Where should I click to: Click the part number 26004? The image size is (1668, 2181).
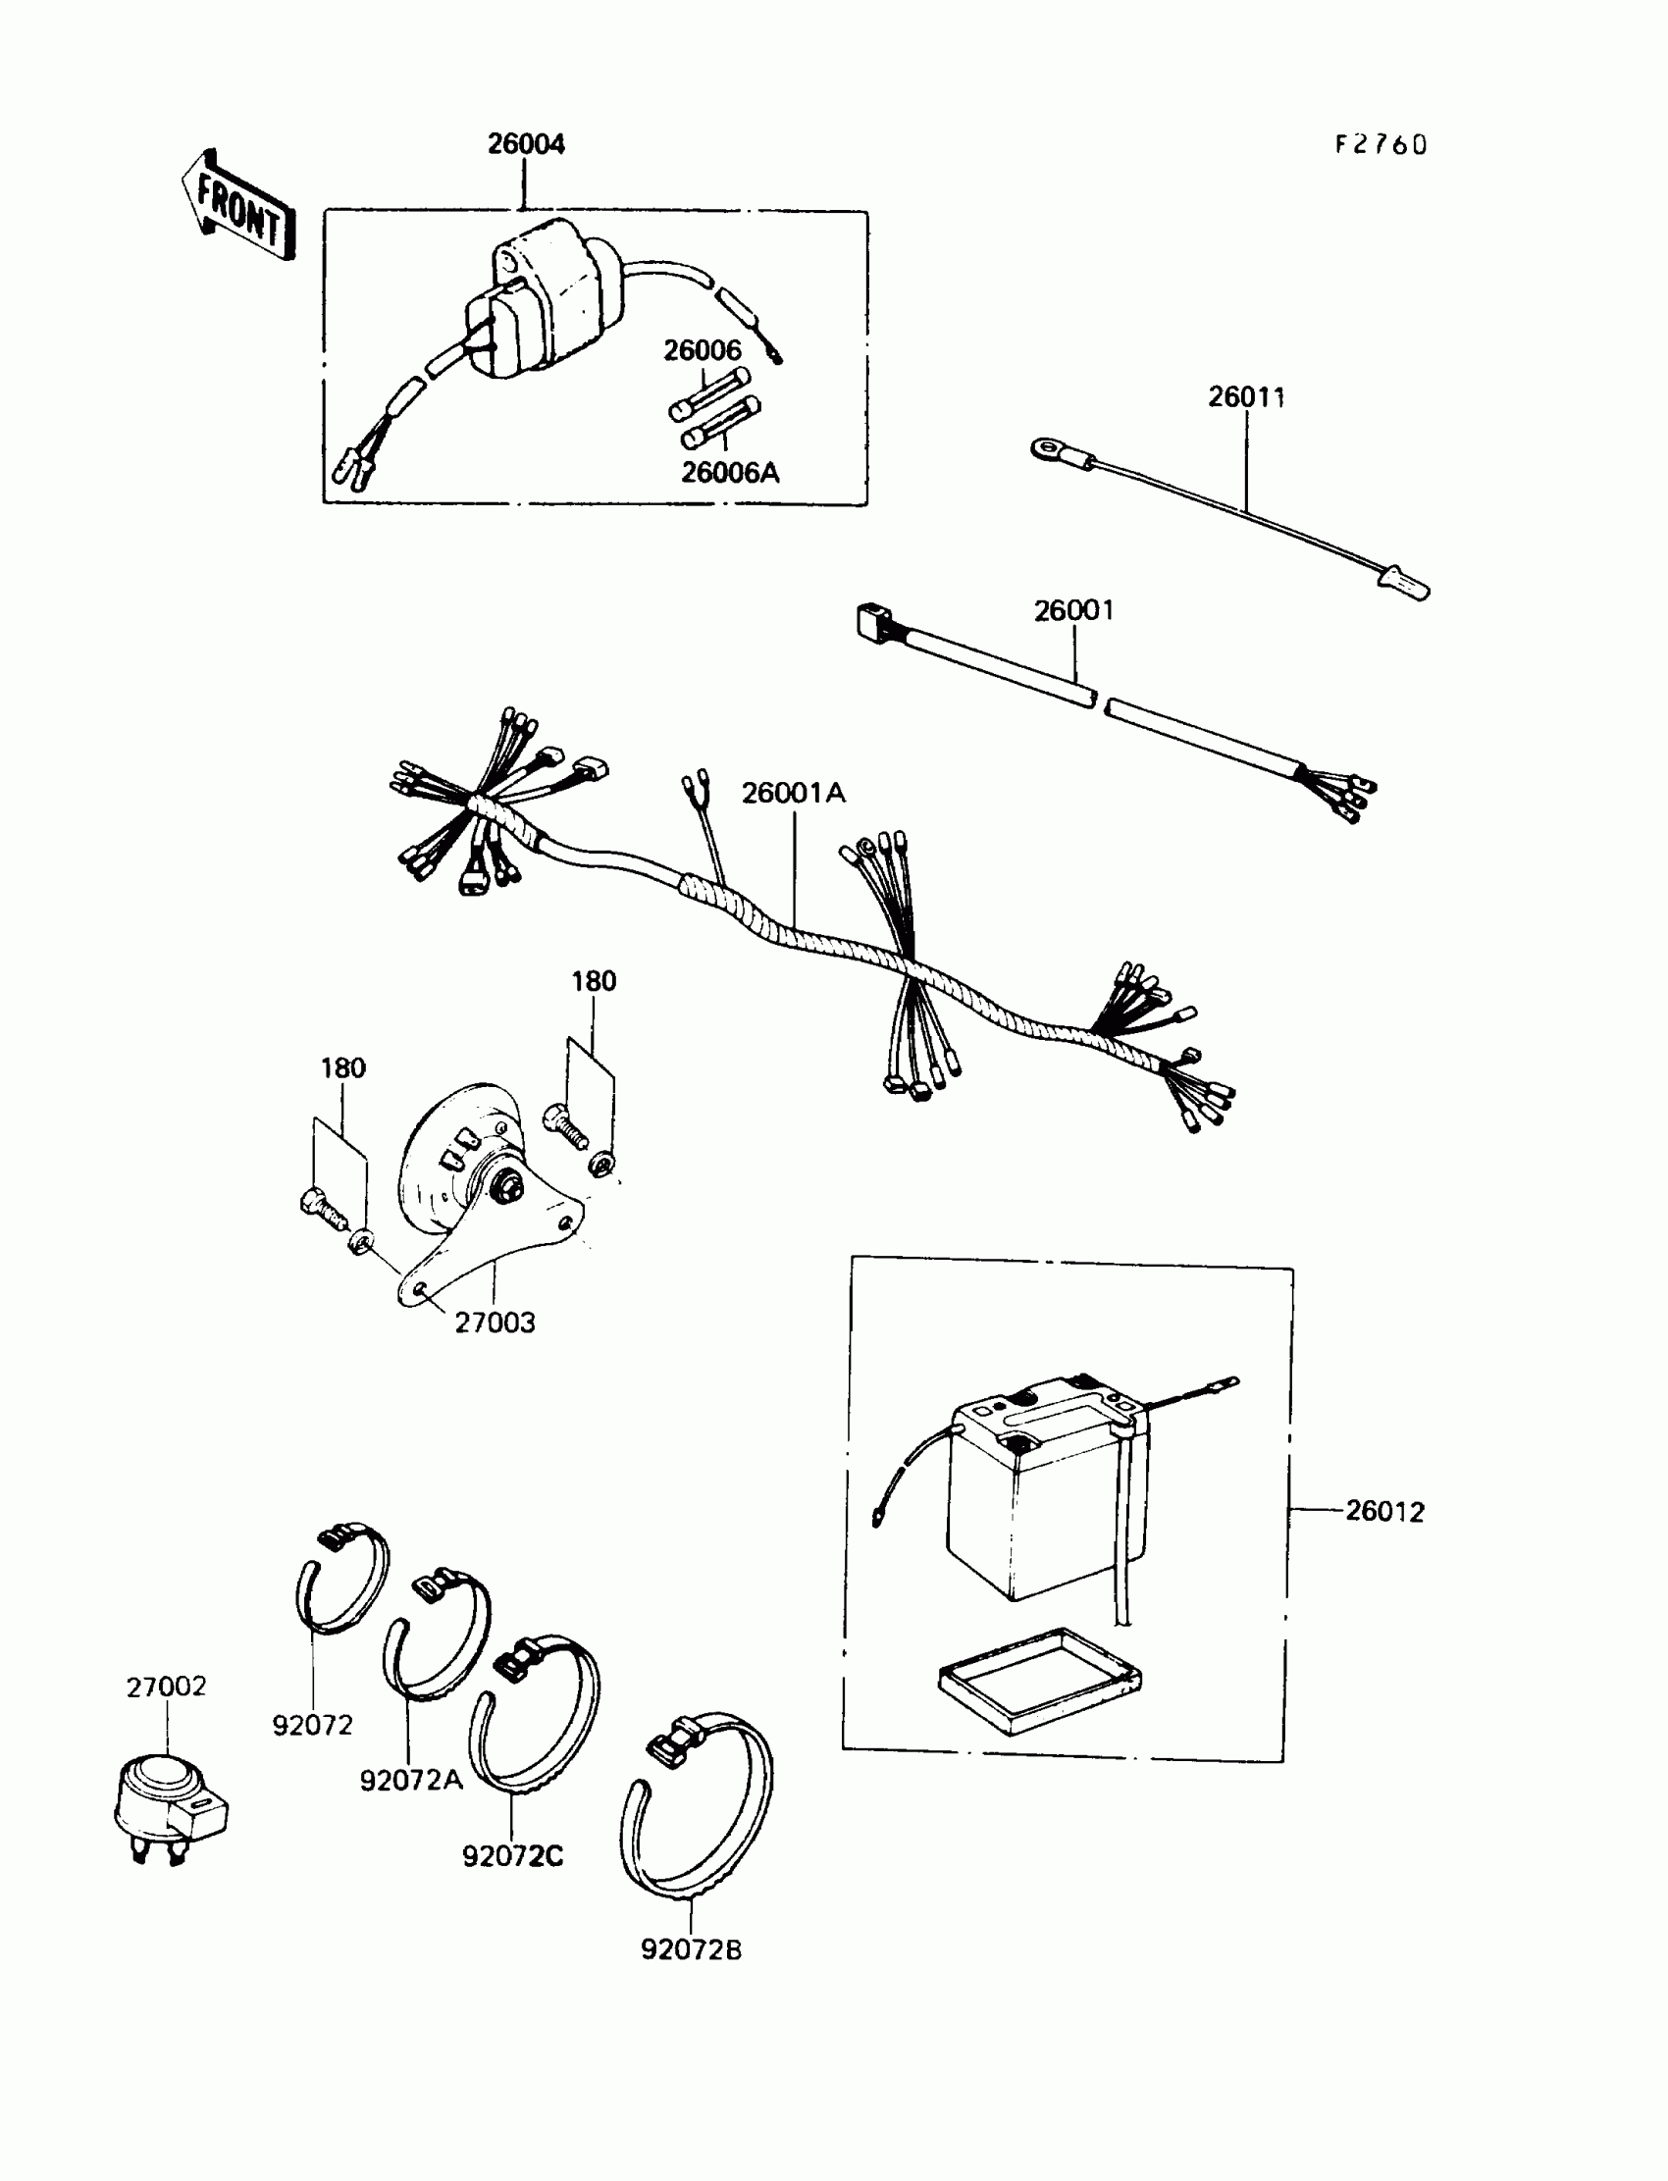click(526, 145)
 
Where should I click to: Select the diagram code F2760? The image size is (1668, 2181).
click(1381, 145)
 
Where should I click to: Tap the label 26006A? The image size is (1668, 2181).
click(730, 473)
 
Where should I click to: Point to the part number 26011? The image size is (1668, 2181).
click(1246, 397)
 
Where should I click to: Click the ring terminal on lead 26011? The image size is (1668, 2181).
click(1049, 450)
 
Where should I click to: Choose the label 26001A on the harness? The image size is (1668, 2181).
click(794, 792)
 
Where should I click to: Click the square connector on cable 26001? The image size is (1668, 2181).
click(870, 622)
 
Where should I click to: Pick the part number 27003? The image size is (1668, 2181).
click(495, 1323)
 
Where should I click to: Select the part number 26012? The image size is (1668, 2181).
click(1384, 1511)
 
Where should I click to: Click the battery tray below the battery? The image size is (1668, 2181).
click(1038, 1681)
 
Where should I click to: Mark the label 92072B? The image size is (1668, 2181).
click(691, 1949)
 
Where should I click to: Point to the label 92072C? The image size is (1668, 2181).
click(512, 1855)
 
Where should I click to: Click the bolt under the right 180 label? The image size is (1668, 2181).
click(567, 1127)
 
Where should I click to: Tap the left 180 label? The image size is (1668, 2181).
click(342, 1068)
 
